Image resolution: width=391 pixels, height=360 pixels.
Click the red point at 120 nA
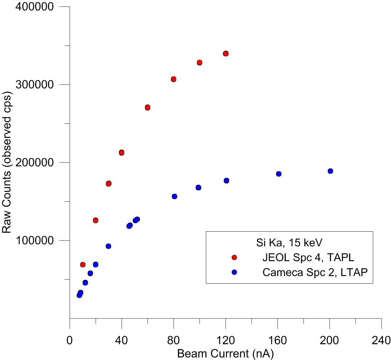point(226,54)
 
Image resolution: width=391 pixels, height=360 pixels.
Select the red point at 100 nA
point(199,63)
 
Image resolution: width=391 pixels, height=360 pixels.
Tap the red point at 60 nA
point(147,108)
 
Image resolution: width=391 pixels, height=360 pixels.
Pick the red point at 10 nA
point(83,265)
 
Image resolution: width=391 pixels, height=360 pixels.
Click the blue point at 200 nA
point(330,171)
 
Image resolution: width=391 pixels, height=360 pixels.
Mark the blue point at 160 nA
point(279,174)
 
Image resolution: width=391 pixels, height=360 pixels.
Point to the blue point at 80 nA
point(174,197)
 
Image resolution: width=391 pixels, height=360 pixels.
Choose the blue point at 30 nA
point(108,246)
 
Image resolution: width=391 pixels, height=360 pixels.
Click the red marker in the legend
point(234,257)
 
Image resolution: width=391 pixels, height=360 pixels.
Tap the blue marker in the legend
point(234,272)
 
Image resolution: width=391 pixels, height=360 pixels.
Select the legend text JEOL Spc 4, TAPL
point(308,257)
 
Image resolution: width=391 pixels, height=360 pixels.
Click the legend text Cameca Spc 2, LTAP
point(315,272)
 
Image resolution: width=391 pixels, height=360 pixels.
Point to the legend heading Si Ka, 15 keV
point(289,243)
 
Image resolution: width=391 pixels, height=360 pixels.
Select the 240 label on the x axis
point(381,340)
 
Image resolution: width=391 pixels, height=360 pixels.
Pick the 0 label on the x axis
point(69,340)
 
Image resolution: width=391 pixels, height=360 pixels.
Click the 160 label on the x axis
point(277,340)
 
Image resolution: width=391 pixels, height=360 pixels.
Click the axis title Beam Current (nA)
point(225,354)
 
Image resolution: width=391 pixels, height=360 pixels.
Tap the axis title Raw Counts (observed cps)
point(7,162)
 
